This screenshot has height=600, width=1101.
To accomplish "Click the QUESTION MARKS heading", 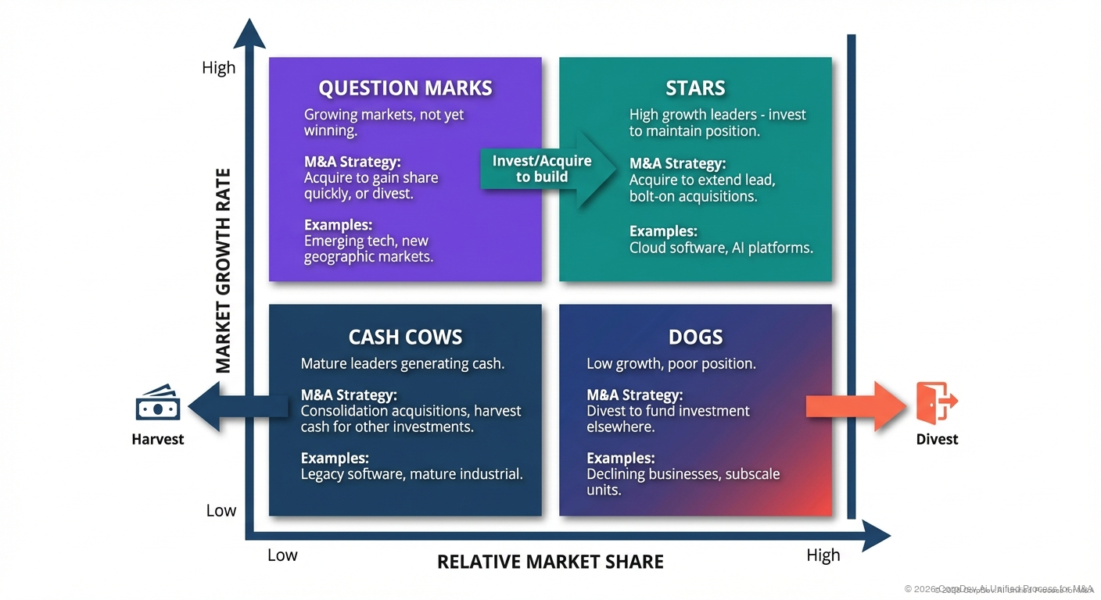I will (405, 87).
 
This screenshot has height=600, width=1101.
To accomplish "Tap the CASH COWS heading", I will (405, 337).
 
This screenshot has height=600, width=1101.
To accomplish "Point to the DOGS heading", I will (695, 337).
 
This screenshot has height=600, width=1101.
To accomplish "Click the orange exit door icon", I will (936, 403).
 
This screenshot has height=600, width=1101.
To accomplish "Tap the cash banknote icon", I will (158, 404).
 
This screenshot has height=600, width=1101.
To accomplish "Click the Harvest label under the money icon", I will (158, 439).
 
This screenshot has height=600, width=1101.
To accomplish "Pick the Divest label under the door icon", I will (937, 439).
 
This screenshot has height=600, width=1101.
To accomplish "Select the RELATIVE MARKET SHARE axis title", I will (550, 562).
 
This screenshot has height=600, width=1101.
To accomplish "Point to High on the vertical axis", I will (218, 68).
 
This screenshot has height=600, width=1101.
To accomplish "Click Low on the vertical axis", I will (221, 511).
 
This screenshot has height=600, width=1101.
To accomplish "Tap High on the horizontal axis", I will (823, 555).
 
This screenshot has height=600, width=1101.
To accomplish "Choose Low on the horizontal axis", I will (282, 555).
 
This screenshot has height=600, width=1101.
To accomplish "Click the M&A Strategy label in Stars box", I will (677, 164).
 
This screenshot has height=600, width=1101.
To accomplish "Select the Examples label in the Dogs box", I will (620, 459).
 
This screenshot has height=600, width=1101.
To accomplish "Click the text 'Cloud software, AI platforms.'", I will (721, 248).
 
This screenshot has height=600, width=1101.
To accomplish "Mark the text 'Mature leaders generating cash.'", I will (402, 363).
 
